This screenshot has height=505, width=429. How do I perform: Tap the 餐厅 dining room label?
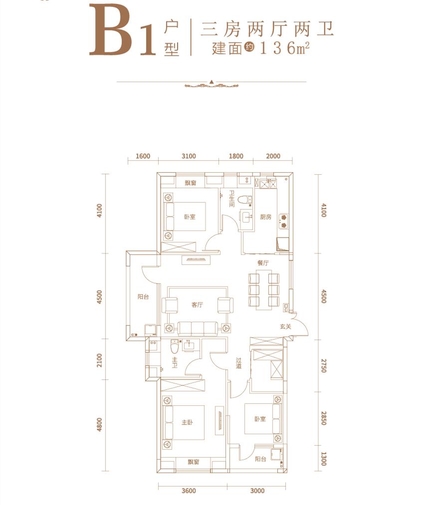[263, 262]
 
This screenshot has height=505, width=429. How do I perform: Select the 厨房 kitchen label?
[265, 217]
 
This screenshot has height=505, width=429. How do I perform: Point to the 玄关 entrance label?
[285, 327]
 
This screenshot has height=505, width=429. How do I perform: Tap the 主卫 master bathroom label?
[175, 363]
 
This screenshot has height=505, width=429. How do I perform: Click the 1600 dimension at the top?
[143, 156]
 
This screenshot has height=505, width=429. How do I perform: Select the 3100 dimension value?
[189, 156]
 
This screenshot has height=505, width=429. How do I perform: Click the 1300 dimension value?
[323, 458]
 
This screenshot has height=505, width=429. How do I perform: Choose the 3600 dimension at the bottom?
[190, 491]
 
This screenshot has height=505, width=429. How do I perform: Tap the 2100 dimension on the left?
[100, 360]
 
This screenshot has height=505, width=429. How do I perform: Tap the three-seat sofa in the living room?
[197, 327]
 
